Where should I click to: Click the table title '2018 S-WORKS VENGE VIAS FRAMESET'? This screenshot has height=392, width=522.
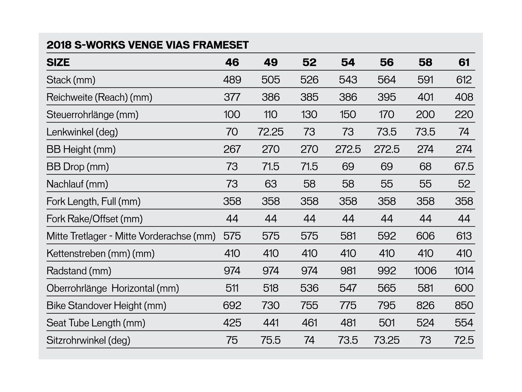(x=147, y=45)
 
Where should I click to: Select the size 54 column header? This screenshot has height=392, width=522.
(x=348, y=62)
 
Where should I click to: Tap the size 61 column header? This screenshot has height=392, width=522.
(x=464, y=62)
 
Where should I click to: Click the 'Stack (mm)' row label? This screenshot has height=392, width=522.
(x=71, y=80)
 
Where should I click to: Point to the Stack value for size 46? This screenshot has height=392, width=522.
(x=232, y=80)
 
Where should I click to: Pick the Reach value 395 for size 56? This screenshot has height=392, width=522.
(x=387, y=97)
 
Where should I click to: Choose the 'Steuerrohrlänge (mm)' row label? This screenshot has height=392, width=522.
(x=92, y=114)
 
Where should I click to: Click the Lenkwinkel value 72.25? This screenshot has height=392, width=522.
(x=270, y=132)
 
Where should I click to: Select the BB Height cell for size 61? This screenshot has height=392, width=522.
(x=464, y=149)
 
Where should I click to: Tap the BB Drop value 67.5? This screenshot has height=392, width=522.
(x=464, y=167)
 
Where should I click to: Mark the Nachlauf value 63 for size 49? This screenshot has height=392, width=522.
(x=270, y=184)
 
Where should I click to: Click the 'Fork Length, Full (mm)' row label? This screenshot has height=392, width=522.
(x=93, y=201)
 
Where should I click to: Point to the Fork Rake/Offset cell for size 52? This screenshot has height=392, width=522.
(x=309, y=219)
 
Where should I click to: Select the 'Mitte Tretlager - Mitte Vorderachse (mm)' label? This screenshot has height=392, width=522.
(x=131, y=236)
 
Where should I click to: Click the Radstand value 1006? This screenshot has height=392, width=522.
(x=425, y=271)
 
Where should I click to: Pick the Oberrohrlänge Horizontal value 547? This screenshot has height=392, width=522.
(x=348, y=288)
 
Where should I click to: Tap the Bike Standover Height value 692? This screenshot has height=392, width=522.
(x=232, y=305)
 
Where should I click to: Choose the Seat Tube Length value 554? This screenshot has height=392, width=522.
(x=464, y=323)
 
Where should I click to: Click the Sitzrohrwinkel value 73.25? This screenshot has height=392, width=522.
(x=387, y=340)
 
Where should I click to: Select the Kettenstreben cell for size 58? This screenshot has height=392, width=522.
(x=425, y=253)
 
